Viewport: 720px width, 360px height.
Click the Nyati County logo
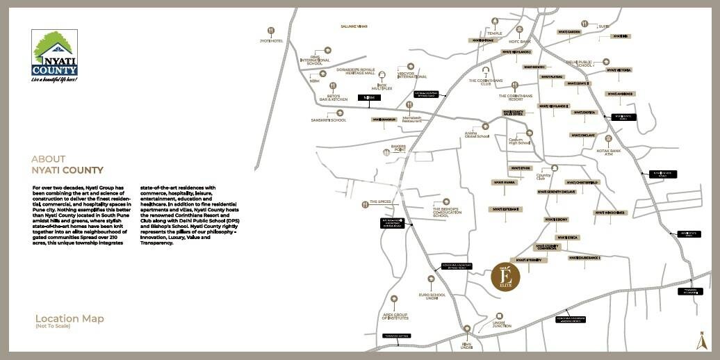pos(54,56)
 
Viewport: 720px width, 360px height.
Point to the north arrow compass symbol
pos(701,341)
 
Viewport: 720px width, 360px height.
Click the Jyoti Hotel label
pos(271,41)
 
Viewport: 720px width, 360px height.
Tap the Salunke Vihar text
pos(353,26)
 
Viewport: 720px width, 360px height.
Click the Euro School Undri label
pos(432,297)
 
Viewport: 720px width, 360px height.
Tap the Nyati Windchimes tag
pos(610,213)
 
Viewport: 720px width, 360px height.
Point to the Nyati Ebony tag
pos(557,220)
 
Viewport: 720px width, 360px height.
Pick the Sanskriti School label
pos(329,120)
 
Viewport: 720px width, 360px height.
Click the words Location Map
pos(69,319)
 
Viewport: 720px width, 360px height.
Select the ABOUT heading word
pos(49,159)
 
